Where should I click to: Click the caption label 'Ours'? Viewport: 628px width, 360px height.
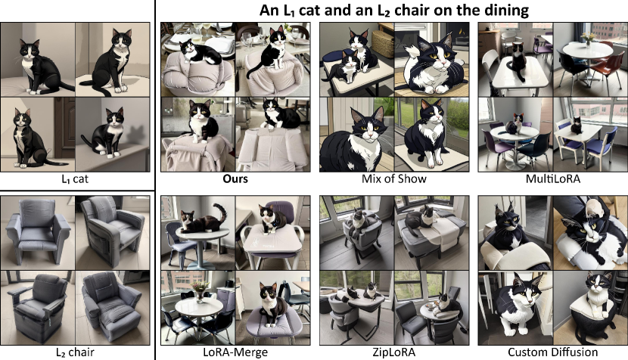(235, 178)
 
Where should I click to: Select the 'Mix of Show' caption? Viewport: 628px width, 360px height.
(393, 178)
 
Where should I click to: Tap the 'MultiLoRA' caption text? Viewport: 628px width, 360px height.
(552, 178)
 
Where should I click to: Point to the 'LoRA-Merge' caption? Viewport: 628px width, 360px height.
(235, 352)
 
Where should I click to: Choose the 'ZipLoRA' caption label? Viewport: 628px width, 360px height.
(393, 352)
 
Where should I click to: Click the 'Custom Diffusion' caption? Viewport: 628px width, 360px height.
(552, 352)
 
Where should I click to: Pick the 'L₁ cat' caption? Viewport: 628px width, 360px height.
(75, 178)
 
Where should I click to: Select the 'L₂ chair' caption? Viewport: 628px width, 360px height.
(75, 352)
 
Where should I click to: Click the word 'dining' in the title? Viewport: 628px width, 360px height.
(508, 10)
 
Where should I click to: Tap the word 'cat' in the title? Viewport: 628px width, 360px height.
(309, 10)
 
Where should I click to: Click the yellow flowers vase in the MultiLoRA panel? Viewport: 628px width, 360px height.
(588, 39)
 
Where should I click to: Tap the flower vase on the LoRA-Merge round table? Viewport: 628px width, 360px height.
(200, 292)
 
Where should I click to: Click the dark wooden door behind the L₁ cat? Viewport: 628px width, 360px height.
(64, 128)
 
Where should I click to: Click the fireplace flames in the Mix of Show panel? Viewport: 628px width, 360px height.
(461, 30)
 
